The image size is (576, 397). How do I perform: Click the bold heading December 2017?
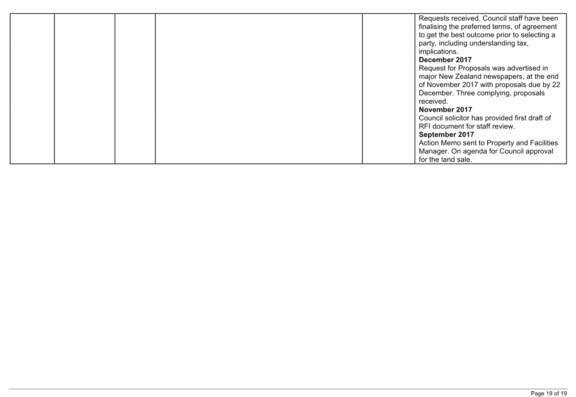click(x=445, y=60)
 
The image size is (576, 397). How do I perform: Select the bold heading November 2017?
click(x=445, y=110)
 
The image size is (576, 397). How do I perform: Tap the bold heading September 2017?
click(x=446, y=134)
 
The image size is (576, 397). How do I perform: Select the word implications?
click(x=438, y=52)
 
